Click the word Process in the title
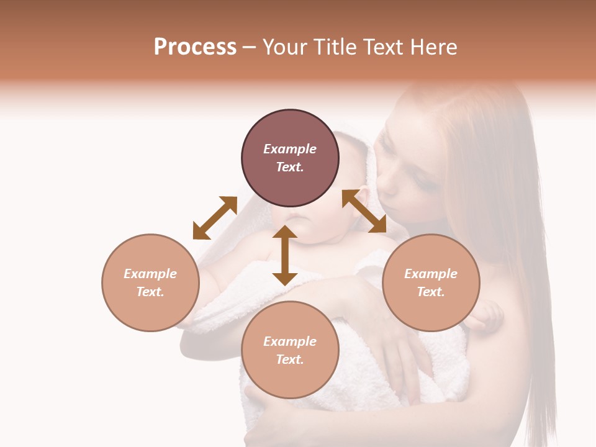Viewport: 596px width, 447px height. (195, 47)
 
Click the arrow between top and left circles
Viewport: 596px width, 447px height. (215, 217)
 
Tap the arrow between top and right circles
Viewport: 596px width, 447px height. (364, 211)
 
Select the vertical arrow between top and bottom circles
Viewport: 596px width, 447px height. (285, 255)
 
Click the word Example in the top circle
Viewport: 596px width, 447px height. (290, 149)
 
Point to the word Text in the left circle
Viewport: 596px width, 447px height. (150, 292)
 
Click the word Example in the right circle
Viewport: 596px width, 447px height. (431, 274)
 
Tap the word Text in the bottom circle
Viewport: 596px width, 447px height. (290, 359)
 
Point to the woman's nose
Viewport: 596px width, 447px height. (385, 186)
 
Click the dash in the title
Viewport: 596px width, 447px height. (250, 47)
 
